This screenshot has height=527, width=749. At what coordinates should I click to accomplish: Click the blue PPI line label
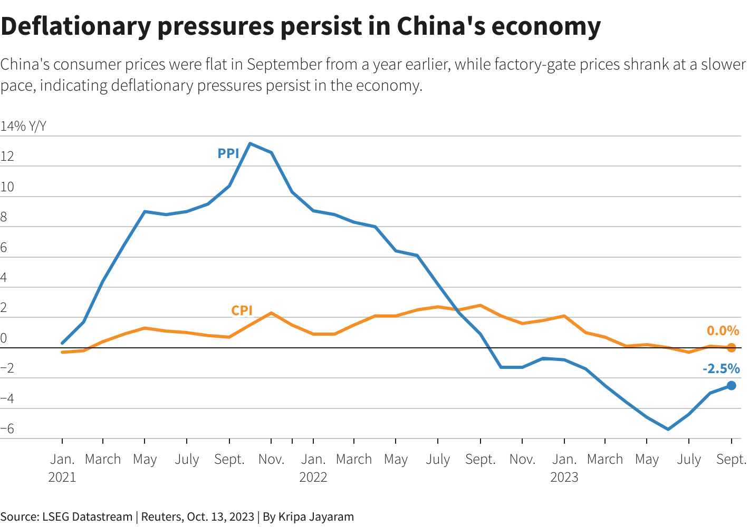click(228, 153)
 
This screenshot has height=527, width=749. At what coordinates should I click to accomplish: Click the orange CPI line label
click(242, 310)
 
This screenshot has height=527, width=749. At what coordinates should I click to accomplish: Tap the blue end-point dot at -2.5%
click(731, 386)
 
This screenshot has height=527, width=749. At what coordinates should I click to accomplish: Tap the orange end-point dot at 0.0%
click(731, 348)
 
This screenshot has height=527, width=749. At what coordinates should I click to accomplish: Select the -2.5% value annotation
click(721, 368)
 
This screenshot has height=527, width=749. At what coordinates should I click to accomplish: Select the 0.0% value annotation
click(723, 330)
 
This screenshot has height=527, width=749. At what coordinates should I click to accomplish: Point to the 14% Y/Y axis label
click(23, 126)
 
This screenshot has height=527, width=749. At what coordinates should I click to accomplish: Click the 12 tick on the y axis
click(7, 157)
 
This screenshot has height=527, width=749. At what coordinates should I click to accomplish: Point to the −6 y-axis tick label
click(7, 429)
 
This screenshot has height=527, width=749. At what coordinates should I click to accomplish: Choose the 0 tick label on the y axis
click(4, 338)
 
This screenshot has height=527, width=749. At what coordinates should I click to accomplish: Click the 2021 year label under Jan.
click(62, 477)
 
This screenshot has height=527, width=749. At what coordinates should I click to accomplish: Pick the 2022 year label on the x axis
click(313, 477)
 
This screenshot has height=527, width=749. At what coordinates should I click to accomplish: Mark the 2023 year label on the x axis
click(564, 477)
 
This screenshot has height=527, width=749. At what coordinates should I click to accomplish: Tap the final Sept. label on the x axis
click(731, 460)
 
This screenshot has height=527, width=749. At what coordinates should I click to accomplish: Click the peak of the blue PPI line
click(250, 143)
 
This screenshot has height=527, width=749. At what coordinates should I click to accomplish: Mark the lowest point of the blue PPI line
click(668, 429)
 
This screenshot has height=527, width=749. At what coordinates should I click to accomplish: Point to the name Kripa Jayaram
click(316, 516)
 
